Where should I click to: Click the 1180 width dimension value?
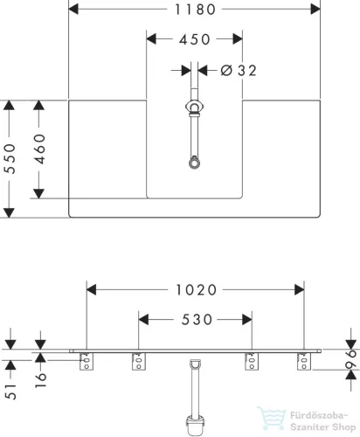point(195,10)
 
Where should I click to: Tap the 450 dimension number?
point(195,39)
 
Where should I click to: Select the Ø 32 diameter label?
point(239,71)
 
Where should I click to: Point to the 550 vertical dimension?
point(10,159)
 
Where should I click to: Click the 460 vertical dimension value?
point(40,149)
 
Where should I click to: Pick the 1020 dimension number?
point(197,290)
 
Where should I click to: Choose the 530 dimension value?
point(197,320)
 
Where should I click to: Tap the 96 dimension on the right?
point(351,359)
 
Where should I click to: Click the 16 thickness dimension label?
point(41,380)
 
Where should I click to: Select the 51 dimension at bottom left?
point(10,391)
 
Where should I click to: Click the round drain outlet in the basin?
point(194,163)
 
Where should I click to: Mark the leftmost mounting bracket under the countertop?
point(87,361)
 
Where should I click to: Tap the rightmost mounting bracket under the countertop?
point(304,361)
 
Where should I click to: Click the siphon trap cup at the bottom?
point(195,426)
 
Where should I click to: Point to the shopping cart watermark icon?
point(272,419)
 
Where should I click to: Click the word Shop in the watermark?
point(344,427)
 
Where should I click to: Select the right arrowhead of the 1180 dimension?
point(315,9)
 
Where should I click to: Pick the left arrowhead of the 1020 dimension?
point(92,290)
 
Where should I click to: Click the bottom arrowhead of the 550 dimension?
point(9,213)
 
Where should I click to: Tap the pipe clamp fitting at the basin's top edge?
point(194,107)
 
